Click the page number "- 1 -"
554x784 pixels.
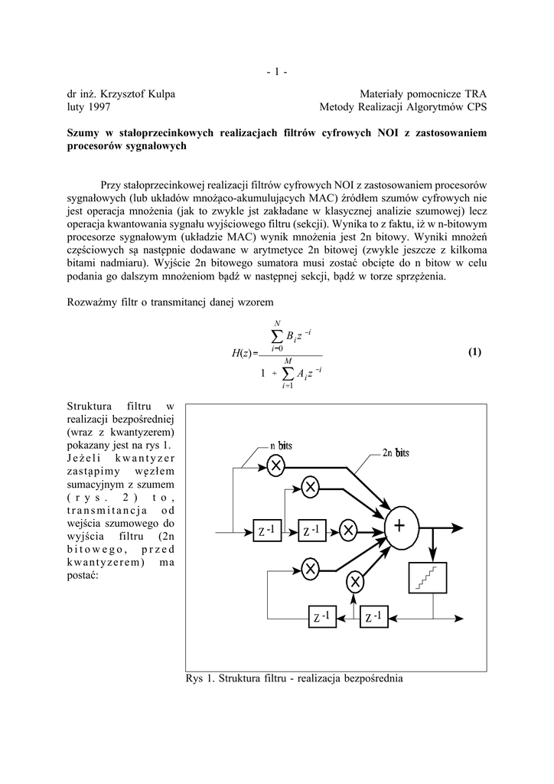(x=277, y=73)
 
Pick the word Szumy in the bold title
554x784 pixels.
(x=84, y=133)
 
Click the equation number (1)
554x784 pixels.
(x=474, y=352)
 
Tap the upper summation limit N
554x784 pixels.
(x=277, y=322)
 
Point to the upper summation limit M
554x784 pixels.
(x=287, y=361)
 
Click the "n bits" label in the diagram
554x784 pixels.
(x=281, y=446)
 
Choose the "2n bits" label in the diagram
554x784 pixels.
(x=396, y=452)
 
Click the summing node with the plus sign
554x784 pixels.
(x=399, y=527)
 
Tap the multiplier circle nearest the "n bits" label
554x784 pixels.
(x=276, y=465)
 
